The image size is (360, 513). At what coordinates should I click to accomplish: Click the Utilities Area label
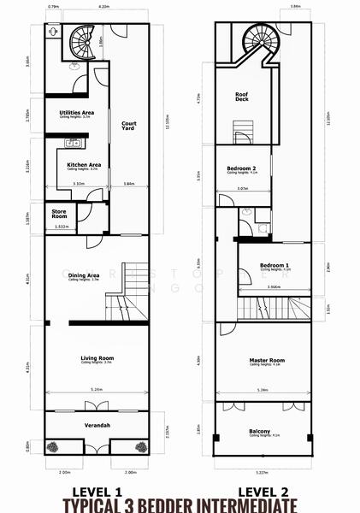click(76, 113)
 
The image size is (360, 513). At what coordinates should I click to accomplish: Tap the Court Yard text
click(129, 126)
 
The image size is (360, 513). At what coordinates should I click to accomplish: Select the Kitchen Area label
click(85, 164)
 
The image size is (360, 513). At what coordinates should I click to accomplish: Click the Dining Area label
click(84, 275)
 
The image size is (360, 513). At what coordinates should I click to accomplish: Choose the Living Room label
click(97, 357)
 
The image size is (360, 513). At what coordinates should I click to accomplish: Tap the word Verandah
click(97, 425)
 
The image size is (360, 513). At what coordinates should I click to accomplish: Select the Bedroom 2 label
click(242, 169)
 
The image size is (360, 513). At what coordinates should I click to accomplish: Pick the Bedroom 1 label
click(274, 266)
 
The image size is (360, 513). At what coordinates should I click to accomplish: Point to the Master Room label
click(266, 360)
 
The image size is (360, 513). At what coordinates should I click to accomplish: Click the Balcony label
click(260, 432)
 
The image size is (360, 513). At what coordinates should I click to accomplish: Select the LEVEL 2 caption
click(259, 492)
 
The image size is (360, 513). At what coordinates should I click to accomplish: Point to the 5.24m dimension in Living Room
click(97, 390)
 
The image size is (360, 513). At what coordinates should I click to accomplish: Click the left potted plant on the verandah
click(52, 446)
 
